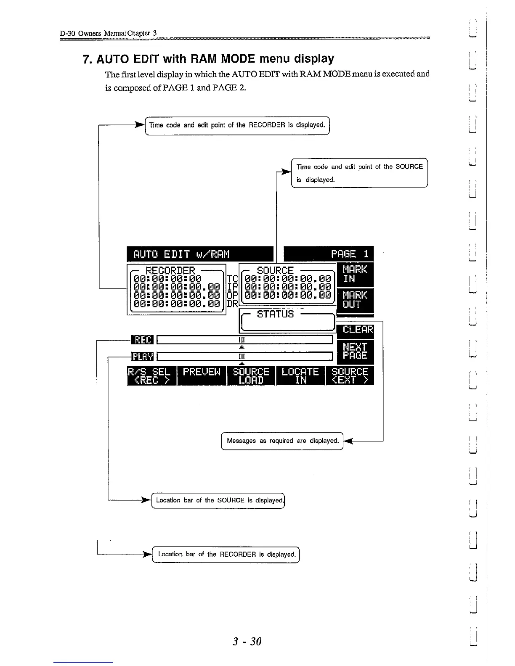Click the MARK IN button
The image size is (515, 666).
click(x=355, y=274)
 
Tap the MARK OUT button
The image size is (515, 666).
click(x=355, y=299)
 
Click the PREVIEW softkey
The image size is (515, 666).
click(x=202, y=376)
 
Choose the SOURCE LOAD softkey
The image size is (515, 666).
click(x=251, y=376)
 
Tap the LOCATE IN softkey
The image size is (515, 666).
click(x=300, y=376)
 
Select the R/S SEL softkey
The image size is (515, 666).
click(x=151, y=376)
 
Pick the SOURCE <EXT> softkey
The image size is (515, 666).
click(x=350, y=376)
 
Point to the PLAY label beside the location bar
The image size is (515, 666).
click(x=143, y=357)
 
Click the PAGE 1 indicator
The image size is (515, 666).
click(x=329, y=254)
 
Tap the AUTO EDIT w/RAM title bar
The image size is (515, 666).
click(x=200, y=254)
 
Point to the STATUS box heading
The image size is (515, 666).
click(x=275, y=314)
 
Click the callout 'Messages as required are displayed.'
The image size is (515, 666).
click(x=282, y=441)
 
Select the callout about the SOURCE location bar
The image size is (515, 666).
click(x=218, y=500)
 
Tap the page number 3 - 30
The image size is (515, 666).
click(x=247, y=641)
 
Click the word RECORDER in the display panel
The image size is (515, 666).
click(x=170, y=270)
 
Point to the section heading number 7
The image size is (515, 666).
click(x=88, y=59)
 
